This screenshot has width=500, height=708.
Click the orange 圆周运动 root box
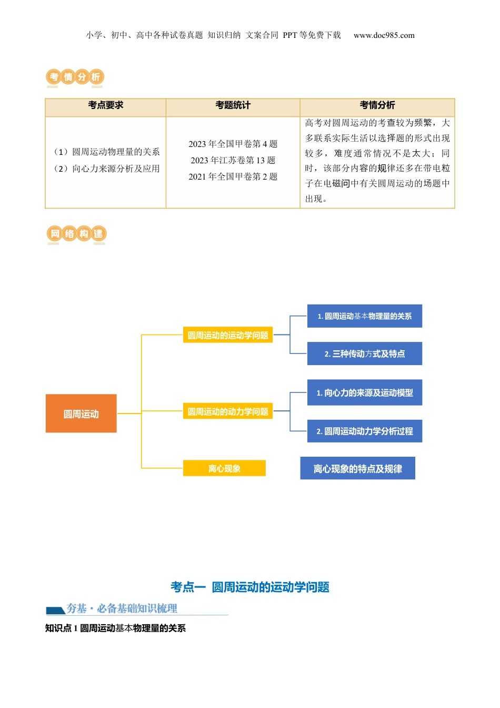click(81, 414)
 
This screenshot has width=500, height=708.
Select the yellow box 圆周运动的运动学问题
click(228, 335)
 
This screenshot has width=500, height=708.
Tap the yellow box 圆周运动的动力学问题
click(228, 411)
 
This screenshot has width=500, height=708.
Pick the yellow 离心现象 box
click(224, 468)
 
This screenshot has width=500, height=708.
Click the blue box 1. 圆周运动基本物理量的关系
click(365, 316)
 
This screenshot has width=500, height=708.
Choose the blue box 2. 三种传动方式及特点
click(365, 353)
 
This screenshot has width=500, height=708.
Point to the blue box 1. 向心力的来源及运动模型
click(365, 392)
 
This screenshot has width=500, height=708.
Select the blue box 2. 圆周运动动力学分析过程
click(365, 431)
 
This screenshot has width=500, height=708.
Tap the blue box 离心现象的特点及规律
click(358, 468)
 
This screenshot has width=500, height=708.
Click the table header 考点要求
click(106, 105)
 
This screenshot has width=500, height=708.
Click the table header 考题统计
click(233, 105)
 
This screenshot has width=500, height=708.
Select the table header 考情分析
click(377, 105)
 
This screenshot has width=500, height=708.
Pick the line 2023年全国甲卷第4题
click(233, 144)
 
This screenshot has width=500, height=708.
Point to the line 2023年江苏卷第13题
click(233, 160)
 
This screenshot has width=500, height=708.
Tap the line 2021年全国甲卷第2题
click(233, 176)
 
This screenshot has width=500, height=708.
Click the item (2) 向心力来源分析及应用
click(107, 169)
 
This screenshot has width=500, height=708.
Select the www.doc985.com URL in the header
click(384, 35)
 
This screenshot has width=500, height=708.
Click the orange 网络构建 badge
click(77, 234)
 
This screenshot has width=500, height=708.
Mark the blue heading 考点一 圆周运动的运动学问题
click(250, 587)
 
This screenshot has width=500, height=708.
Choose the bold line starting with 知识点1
click(115, 628)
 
